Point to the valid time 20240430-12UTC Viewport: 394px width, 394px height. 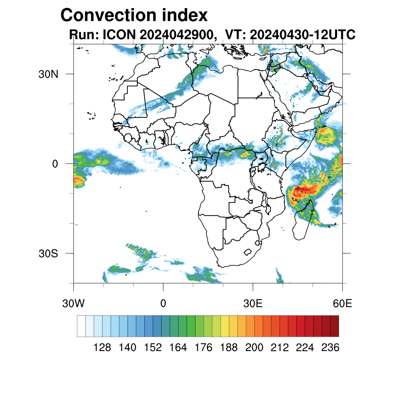(x=302, y=35)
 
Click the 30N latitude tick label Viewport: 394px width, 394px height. (x=48, y=74)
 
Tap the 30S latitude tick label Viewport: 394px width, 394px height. (x=48, y=254)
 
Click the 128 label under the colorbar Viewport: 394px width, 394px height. (x=102, y=348)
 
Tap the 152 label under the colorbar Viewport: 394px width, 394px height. (x=153, y=348)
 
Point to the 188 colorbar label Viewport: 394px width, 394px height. (x=229, y=348)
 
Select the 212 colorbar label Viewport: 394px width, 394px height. (x=280, y=348)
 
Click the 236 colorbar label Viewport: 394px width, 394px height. (x=330, y=348)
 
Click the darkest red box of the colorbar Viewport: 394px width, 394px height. (x=334, y=326)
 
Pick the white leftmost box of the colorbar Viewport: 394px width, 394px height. (x=81, y=326)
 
